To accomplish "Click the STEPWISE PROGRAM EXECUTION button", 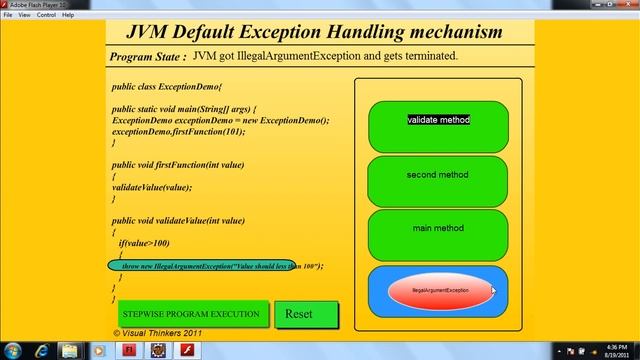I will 190,314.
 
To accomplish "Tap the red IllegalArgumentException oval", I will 440,290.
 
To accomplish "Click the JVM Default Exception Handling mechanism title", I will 320,32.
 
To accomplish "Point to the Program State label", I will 147,58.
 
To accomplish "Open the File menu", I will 8,15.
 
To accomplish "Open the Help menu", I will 68,15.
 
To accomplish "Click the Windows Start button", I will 14,350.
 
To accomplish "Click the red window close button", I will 624,5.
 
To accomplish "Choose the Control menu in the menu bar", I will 46,15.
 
